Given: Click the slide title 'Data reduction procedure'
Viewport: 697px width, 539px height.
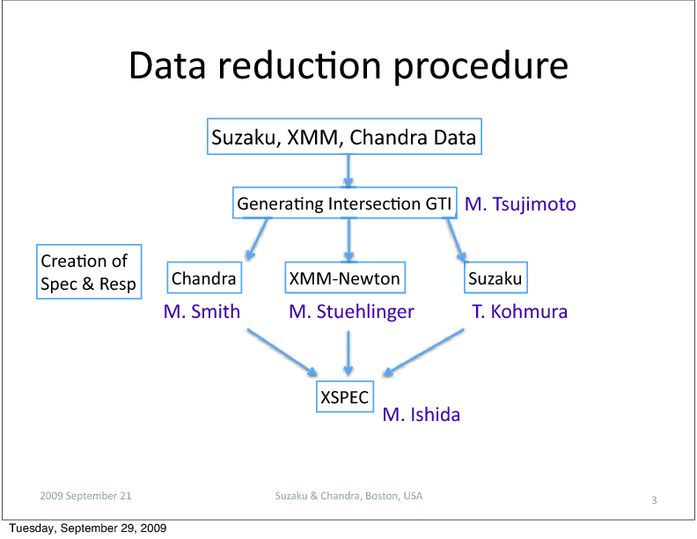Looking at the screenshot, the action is [348, 66].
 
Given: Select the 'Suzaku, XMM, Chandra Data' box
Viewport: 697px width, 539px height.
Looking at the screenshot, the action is [344, 137].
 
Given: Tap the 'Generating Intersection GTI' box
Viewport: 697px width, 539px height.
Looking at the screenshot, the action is [345, 203].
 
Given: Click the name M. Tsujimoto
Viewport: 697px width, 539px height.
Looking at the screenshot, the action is [520, 204].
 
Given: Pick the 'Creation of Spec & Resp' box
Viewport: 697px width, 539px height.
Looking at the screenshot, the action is [89, 272].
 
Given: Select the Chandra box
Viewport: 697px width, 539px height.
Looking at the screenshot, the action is [204, 278].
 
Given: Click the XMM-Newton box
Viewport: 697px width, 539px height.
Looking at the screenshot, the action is [345, 278].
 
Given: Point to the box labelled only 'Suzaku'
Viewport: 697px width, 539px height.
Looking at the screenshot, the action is [495, 278].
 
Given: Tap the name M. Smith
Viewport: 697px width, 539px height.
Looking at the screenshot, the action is [202, 311].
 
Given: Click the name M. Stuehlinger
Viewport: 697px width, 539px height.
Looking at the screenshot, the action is [352, 312].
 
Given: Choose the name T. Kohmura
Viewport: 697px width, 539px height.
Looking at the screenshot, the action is [519, 311].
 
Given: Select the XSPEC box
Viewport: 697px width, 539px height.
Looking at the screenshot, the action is [345, 396].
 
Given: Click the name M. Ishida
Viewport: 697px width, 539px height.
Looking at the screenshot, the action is [422, 415].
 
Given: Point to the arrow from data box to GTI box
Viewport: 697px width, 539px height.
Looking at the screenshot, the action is [348, 171].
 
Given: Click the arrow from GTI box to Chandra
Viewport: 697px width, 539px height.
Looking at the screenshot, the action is [257, 239].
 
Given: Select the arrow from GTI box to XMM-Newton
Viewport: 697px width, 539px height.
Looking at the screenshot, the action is [349, 240].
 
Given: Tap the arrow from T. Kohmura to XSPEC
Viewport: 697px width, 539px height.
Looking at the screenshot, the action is [423, 352].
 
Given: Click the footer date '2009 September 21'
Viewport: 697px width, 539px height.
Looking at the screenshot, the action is [85, 496].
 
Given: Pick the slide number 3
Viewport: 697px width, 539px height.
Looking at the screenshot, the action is [655, 500].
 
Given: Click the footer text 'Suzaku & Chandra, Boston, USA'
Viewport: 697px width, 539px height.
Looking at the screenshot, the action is [349, 496].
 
